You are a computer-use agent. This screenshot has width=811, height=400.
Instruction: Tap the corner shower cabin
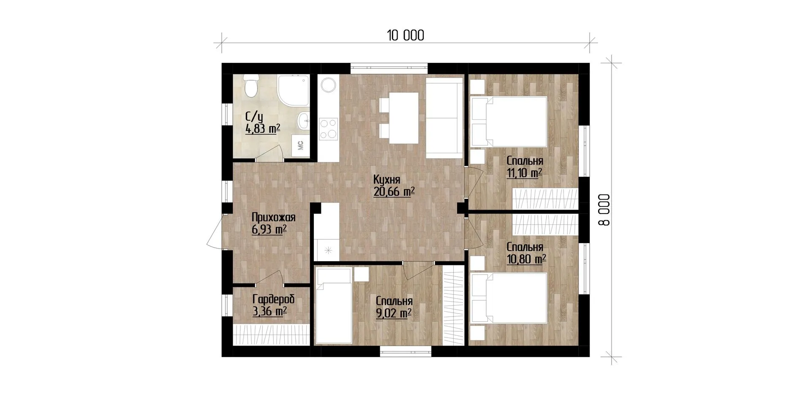pos(293,91)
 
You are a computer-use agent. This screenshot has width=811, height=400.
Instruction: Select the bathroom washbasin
pos(304,122)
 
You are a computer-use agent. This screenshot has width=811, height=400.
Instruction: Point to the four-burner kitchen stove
pos(328,129)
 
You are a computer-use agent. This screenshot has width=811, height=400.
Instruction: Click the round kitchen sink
pos(328,84)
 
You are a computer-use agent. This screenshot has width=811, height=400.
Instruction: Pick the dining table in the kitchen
pos(403,118)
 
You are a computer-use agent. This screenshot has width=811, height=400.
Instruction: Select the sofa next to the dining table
pos(444,118)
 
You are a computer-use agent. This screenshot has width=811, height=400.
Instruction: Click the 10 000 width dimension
pos(405,35)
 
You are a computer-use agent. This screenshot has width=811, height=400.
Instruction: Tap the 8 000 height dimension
pos(604,210)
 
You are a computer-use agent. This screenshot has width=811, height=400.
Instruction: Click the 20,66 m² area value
pos(394,192)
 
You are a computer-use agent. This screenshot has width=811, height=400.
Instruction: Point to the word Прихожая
pos(273,218)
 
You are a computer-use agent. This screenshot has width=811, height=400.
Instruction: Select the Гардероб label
pos(273,299)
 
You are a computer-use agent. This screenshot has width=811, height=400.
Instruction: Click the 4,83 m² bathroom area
pos(263,128)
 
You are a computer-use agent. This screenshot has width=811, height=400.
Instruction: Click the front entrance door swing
pos(216,231)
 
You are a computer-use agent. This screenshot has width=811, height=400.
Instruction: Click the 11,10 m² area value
pos(524,173)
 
